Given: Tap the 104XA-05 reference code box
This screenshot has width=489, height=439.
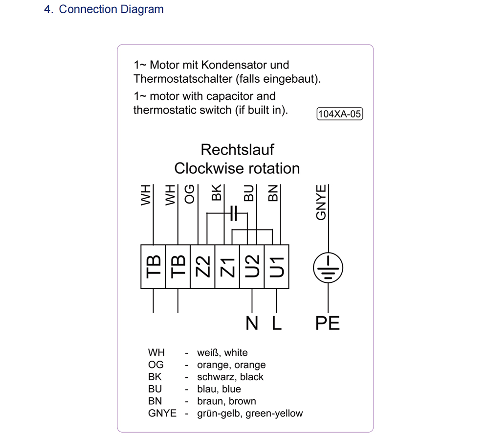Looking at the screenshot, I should [340, 114].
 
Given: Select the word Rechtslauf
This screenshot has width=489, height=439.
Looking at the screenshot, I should [237, 149].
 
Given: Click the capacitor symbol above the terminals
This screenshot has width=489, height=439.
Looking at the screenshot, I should [234, 213].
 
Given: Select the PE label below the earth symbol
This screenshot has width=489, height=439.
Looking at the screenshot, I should [328, 323].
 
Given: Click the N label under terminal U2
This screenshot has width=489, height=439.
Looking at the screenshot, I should [252, 323].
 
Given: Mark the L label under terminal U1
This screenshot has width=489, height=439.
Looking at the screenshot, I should [277, 323].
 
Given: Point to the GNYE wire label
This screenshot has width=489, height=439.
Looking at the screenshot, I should [321, 203].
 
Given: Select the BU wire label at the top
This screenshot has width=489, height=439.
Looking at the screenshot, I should [249, 193].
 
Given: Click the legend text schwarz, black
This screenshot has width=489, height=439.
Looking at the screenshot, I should [230, 377].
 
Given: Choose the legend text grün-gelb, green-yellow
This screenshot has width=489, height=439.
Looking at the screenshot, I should [249, 414].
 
